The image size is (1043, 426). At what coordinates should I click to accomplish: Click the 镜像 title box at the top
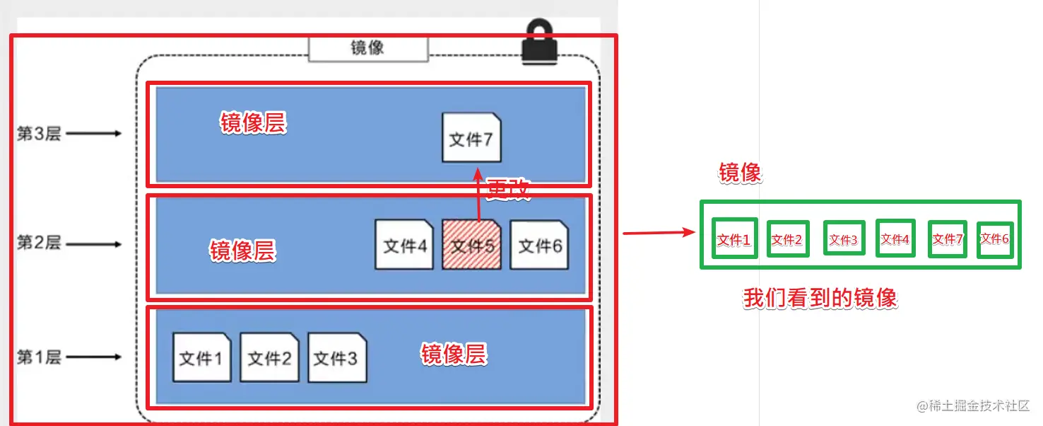368,48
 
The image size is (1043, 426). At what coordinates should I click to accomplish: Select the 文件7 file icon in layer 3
471,138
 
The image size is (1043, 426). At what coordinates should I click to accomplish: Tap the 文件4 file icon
404,245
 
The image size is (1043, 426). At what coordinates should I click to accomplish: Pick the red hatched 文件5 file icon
471,245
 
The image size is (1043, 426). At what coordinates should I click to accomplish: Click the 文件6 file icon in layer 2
539,245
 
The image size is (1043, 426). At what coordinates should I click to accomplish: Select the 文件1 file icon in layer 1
201,358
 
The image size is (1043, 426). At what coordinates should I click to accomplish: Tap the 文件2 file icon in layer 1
269,358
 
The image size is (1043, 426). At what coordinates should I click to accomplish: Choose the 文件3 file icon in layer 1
336,358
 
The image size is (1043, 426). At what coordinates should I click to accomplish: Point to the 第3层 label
39,134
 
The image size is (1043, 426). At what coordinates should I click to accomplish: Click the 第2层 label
39,243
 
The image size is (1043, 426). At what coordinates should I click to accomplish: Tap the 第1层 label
39,357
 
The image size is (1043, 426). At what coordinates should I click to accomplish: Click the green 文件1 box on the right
735,239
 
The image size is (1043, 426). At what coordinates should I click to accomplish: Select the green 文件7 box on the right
948,239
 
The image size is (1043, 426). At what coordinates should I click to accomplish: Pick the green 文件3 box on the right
843,239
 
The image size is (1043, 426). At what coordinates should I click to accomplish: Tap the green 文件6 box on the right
995,239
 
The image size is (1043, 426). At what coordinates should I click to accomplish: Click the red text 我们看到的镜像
820,298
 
